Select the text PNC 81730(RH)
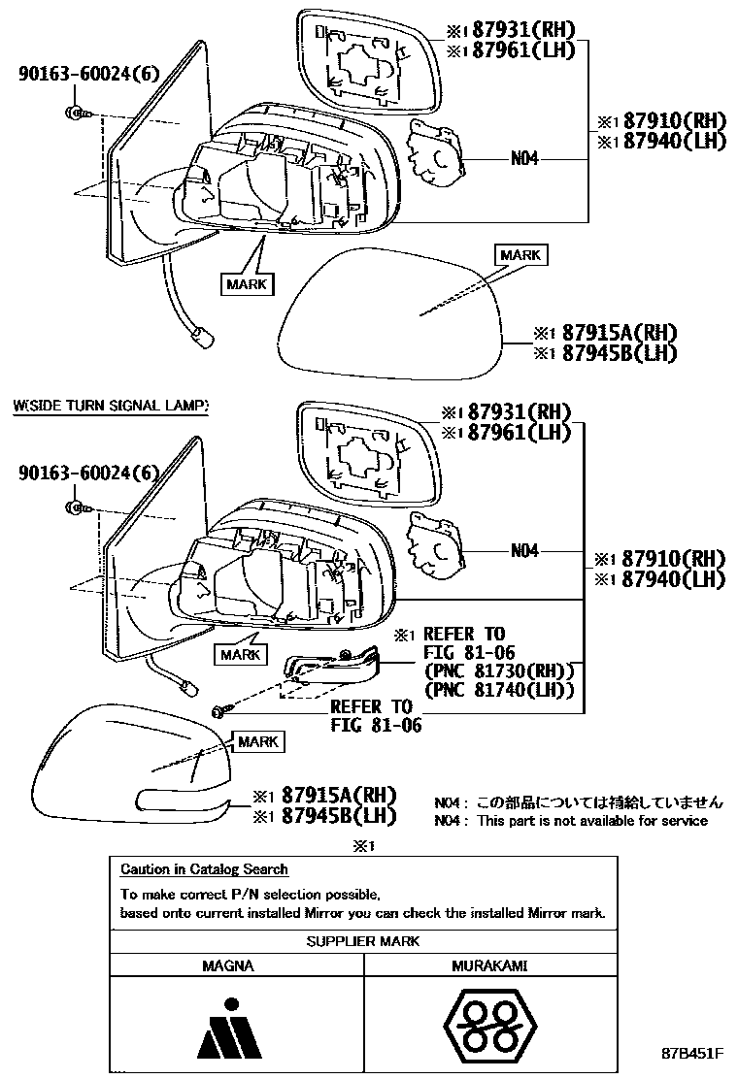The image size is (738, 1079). [499, 670]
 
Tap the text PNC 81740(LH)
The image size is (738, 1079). [499, 690]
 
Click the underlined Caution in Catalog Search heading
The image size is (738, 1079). [204, 869]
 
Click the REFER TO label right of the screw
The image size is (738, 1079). [371, 706]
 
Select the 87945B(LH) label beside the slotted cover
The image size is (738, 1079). [337, 816]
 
